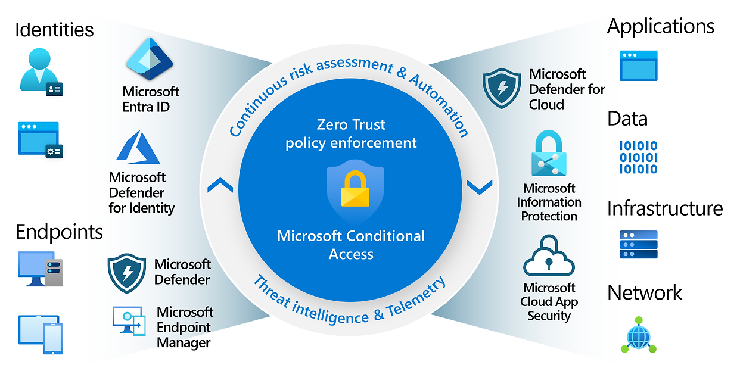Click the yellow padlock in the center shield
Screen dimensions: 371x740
click(355, 190)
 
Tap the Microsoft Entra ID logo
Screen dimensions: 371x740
click(149, 60)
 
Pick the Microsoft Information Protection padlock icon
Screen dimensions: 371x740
click(549, 154)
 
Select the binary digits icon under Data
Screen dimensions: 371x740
click(638, 157)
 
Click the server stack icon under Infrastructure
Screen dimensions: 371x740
click(638, 244)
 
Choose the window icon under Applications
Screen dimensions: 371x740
click(638, 66)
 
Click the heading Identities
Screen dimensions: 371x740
click(54, 30)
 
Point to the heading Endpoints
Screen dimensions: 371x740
click(60, 232)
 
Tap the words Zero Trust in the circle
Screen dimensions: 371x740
click(351, 124)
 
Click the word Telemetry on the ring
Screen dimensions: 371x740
click(415, 297)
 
